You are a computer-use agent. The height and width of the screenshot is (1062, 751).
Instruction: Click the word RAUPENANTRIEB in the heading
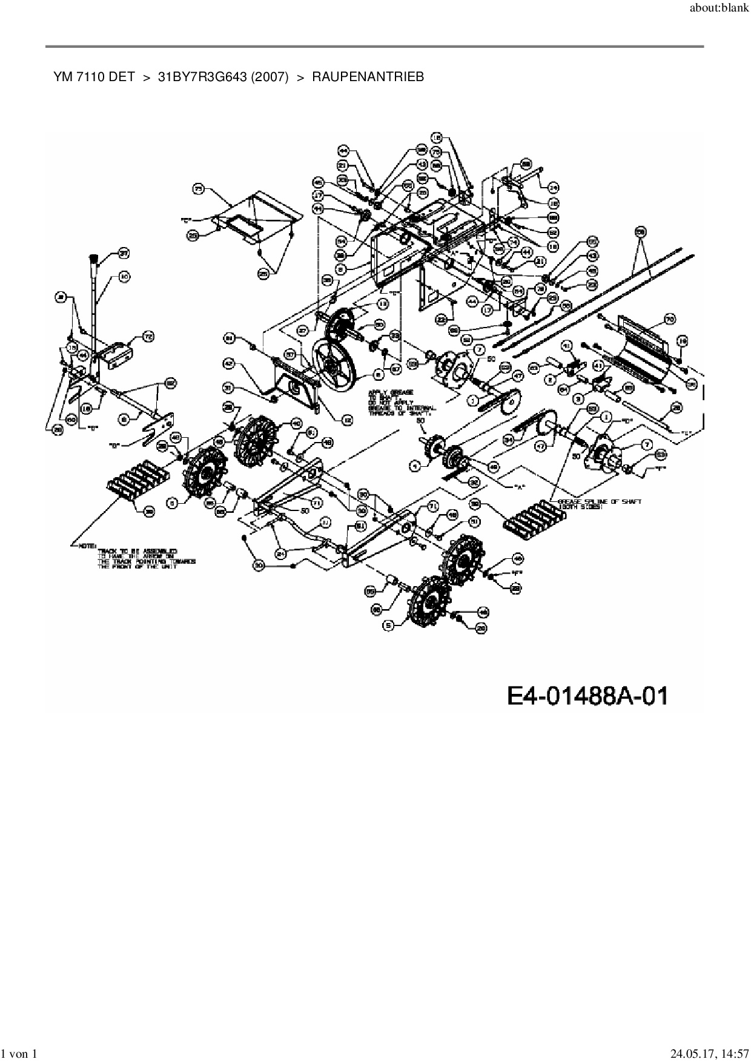point(368,77)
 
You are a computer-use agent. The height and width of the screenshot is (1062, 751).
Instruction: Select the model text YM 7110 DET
point(93,77)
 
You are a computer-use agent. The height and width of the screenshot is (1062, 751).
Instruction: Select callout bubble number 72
point(148,336)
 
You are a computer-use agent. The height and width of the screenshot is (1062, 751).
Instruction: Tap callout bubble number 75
point(198,190)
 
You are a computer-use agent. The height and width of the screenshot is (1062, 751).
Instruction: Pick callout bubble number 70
point(670,319)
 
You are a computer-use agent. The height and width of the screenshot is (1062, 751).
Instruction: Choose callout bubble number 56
point(641,231)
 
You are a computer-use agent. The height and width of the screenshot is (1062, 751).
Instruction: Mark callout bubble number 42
point(229,364)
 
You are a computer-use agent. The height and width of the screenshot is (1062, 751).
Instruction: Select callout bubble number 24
point(553,186)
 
